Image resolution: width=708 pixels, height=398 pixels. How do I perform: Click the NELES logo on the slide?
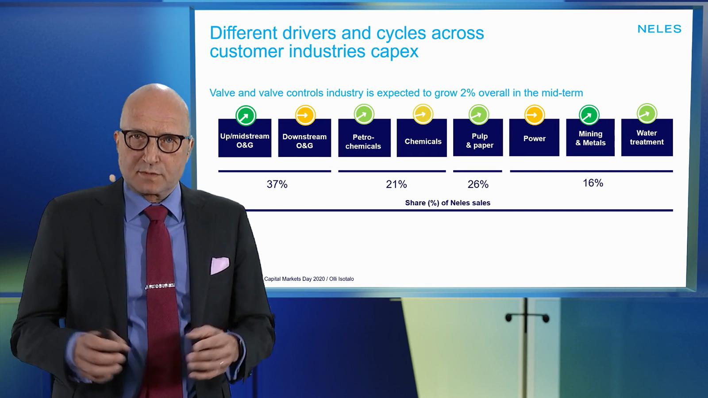point(659,29)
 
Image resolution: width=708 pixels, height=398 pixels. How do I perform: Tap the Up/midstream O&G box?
point(245,138)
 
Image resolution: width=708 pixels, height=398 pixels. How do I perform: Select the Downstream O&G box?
point(304,138)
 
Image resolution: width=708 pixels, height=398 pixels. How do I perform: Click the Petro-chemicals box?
point(364,138)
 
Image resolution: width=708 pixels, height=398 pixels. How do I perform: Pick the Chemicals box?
point(422,138)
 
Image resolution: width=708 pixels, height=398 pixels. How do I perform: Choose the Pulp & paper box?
point(478,138)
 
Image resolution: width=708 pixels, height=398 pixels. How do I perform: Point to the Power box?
point(534,138)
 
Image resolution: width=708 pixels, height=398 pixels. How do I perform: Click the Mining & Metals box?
point(590,138)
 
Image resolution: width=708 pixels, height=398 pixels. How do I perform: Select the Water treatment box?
point(647,138)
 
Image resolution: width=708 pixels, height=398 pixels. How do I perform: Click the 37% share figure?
point(277,184)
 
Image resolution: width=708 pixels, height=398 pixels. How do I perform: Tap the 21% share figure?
point(396,184)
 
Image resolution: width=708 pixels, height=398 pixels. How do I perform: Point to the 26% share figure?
point(478,184)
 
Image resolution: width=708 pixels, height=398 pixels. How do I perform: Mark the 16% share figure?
point(593,183)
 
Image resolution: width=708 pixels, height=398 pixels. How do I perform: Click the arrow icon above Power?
point(535,115)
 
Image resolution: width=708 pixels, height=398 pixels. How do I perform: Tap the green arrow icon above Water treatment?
point(647,113)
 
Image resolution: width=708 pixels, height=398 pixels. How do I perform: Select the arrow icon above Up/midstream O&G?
point(246,115)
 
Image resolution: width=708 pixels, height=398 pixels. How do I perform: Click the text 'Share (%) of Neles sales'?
point(447,203)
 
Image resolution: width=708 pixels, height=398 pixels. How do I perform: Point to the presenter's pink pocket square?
point(219,265)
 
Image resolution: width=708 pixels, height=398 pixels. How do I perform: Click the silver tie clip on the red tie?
point(160,286)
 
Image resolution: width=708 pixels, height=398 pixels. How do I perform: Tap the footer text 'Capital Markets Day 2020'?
point(294,279)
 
